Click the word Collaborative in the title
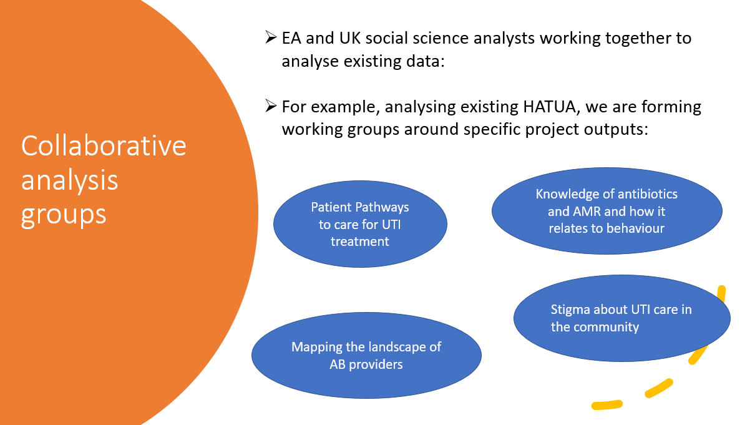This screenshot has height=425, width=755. (x=104, y=146)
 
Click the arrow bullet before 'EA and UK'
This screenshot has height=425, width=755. (x=271, y=37)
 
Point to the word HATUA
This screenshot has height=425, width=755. (x=549, y=107)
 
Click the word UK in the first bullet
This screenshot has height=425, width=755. (x=350, y=38)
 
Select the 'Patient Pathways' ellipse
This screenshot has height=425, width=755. (x=360, y=224)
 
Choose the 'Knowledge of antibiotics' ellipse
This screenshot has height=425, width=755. (x=606, y=211)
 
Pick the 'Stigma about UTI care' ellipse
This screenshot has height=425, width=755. (x=622, y=318)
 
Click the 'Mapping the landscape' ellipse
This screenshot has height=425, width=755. (x=366, y=355)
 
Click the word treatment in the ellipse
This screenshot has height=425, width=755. (x=360, y=242)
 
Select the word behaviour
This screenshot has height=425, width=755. (x=635, y=228)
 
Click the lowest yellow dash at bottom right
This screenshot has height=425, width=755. (x=607, y=405)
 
